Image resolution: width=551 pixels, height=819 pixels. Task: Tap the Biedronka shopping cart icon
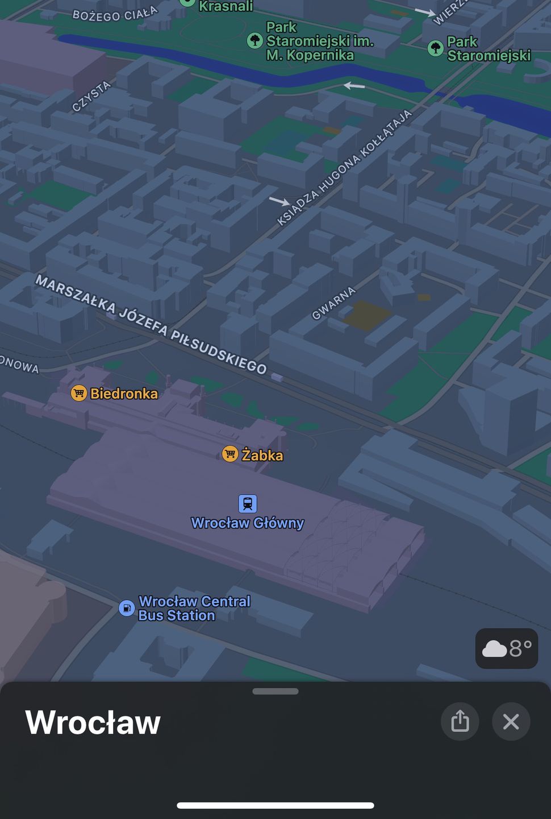pyautogui.click(x=78, y=393)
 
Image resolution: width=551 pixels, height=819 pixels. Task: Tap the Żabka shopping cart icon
pyautogui.click(x=229, y=454)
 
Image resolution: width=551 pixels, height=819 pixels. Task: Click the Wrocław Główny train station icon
pyautogui.click(x=247, y=503)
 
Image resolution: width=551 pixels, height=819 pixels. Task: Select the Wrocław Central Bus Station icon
pyautogui.click(x=126, y=608)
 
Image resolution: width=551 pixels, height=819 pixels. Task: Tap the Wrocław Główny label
pyautogui.click(x=248, y=523)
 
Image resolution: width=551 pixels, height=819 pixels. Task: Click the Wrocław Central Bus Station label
pyautogui.click(x=194, y=609)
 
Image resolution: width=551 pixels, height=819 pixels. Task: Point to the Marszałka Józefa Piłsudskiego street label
pyautogui.click(x=151, y=325)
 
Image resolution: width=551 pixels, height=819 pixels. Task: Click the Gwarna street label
pyautogui.click(x=334, y=303)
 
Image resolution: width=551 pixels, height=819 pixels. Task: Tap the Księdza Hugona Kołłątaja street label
pyautogui.click(x=344, y=167)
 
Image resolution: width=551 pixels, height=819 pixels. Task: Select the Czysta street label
pyautogui.click(x=91, y=96)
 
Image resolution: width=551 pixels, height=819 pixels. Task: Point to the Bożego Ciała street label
pyautogui.click(x=115, y=14)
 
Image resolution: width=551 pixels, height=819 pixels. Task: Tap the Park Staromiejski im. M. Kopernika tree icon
pyautogui.click(x=255, y=40)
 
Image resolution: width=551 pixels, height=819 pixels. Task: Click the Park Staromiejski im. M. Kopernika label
pyautogui.click(x=319, y=41)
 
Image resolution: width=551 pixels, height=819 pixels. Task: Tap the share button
pyautogui.click(x=460, y=722)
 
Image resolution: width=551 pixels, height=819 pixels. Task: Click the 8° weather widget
pyautogui.click(x=507, y=648)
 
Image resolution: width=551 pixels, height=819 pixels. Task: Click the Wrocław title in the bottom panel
pyautogui.click(x=93, y=722)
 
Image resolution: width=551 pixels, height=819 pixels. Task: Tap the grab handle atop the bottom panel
pyautogui.click(x=275, y=692)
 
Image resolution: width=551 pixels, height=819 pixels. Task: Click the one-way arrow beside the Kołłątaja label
pyautogui.click(x=279, y=201)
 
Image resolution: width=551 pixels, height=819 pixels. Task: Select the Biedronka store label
pyautogui.click(x=124, y=394)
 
